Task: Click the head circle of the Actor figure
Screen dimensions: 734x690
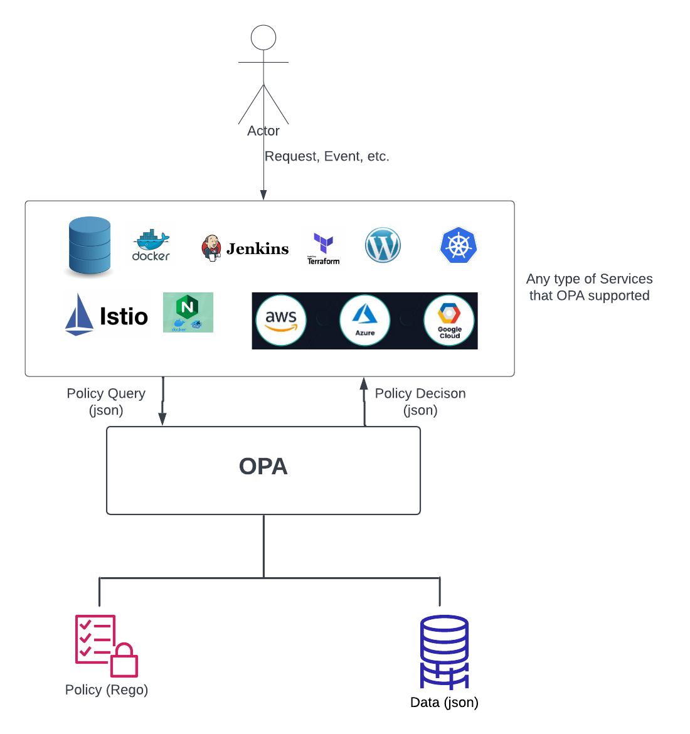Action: [x=263, y=38]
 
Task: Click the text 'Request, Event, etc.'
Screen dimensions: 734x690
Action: [x=327, y=156]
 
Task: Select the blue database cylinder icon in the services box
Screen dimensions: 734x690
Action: [x=90, y=246]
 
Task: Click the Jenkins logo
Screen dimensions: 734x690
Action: [x=245, y=248]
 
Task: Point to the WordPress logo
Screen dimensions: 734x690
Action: [x=383, y=245]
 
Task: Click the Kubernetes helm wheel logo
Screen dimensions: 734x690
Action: [x=459, y=245]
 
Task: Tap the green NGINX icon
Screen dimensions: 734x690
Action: [x=188, y=312]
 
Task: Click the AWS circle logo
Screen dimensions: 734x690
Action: [x=281, y=320]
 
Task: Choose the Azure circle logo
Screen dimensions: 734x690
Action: [x=364, y=320]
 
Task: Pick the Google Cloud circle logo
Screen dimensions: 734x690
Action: [x=449, y=320]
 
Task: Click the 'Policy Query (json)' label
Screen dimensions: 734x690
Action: [x=106, y=402]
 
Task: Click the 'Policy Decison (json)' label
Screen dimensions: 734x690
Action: [x=420, y=402]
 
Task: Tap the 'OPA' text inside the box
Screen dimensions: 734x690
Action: [x=263, y=466]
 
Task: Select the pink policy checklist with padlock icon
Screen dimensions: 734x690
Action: [x=106, y=646]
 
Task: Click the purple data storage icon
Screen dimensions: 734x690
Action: [x=444, y=652]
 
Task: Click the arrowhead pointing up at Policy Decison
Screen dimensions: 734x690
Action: [x=364, y=383]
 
